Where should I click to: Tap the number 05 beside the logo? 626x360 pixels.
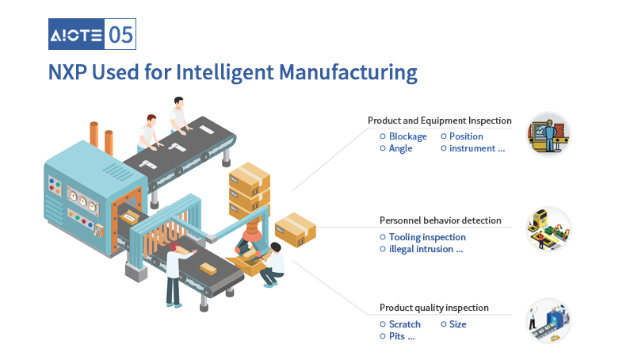pyautogui.click(x=120, y=35)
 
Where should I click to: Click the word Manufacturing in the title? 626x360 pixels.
pyautogui.click(x=348, y=73)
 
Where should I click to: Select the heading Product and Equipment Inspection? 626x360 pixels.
pyautogui.click(x=440, y=121)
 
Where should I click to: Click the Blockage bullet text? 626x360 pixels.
pyautogui.click(x=407, y=136)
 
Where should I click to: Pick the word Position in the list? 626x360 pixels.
pyautogui.click(x=466, y=136)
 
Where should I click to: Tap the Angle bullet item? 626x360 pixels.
pyautogui.click(x=400, y=148)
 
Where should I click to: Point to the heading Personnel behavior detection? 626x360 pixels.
pyautogui.click(x=441, y=220)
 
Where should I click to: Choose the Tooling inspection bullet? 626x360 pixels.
pyautogui.click(x=427, y=237)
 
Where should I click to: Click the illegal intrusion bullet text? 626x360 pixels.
pyautogui.click(x=426, y=249)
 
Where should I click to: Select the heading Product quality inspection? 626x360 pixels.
pyautogui.click(x=434, y=308)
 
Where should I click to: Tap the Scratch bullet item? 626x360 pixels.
pyautogui.click(x=404, y=324)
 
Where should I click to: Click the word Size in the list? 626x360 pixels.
pyautogui.click(x=457, y=324)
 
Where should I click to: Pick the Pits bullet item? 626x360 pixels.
pyautogui.click(x=402, y=336)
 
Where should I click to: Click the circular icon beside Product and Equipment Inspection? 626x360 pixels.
pyautogui.click(x=548, y=134)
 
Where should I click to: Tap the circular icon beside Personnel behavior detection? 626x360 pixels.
pyautogui.click(x=548, y=229)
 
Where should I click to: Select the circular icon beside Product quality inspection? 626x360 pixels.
pyautogui.click(x=548, y=320)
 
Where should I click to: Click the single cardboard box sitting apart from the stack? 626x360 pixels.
pyautogui.click(x=296, y=230)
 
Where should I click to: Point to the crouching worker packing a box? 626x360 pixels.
pyautogui.click(x=273, y=265)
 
